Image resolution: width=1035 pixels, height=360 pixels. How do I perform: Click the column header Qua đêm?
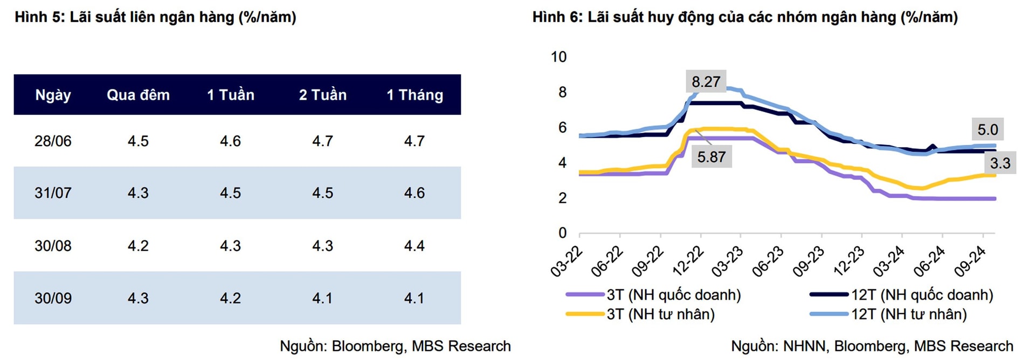coord(138,95)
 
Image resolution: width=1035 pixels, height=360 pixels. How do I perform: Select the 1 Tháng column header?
coord(415,95)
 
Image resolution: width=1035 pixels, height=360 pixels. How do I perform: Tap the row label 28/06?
coord(53,141)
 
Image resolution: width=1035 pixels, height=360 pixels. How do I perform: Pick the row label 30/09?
coord(53,298)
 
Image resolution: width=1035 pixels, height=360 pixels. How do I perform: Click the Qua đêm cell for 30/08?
coord(138,246)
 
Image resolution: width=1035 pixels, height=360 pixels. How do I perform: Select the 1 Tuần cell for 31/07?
coord(230,193)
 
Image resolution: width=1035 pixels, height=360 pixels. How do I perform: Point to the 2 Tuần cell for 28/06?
coord(322,141)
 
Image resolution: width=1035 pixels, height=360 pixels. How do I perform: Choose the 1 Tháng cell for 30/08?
coord(415,246)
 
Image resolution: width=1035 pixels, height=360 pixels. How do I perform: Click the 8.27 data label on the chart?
coord(706,82)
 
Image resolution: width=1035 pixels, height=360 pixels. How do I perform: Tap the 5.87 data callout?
coord(711,157)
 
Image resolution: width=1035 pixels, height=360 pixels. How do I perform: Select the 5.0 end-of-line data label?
coord(988,129)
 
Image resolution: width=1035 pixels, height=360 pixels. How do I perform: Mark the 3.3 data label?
coord(1000,163)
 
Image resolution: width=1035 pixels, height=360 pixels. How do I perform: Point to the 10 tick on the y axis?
coord(558,57)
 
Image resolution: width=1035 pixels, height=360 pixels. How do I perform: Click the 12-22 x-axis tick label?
coord(688,261)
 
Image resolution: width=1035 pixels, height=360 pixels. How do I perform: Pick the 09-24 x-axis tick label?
coord(970,261)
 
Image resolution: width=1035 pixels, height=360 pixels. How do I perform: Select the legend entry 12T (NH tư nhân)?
coord(909,314)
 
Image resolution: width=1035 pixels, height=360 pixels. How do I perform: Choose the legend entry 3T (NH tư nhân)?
coord(660,314)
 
